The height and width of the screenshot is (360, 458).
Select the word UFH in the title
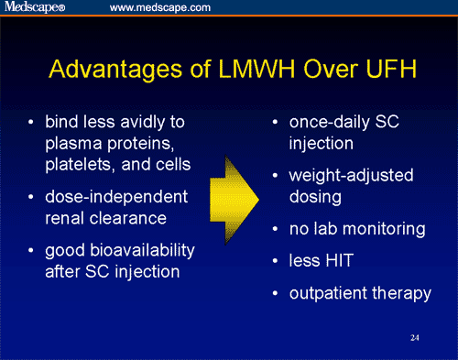click(x=378, y=70)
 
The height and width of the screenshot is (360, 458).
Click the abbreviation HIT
click(x=343, y=261)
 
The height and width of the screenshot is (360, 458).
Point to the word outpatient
click(x=333, y=294)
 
